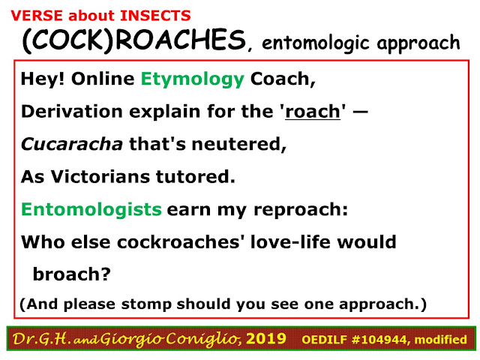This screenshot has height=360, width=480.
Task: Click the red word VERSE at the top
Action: (37, 16)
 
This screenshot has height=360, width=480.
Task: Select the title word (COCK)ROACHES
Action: (134, 41)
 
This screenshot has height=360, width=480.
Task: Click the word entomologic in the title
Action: (316, 43)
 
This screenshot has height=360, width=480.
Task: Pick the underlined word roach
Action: (313, 112)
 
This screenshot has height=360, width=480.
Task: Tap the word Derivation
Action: (72, 111)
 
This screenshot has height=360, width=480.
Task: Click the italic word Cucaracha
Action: (72, 144)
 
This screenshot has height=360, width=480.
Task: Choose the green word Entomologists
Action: (91, 210)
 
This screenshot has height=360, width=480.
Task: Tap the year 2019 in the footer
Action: (266, 339)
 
